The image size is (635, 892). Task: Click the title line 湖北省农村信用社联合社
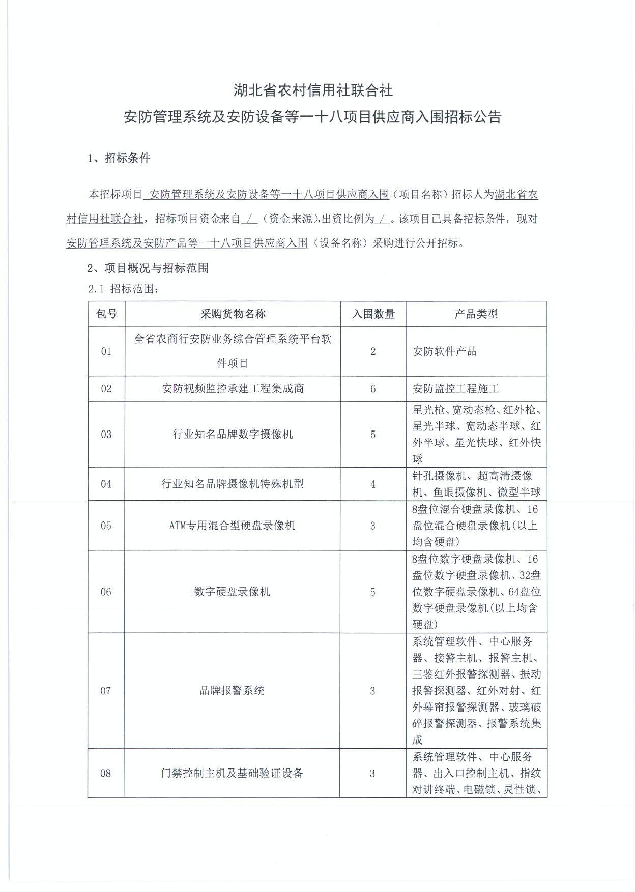[x=313, y=90]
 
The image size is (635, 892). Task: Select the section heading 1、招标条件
[x=119, y=158]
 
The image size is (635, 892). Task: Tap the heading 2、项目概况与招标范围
[x=148, y=268]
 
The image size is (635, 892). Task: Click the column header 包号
[x=106, y=314]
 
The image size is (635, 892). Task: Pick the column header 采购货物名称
[x=233, y=314]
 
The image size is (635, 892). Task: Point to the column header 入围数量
[x=373, y=314]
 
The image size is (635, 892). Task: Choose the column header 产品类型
[x=476, y=314]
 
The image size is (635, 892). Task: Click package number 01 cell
[x=106, y=351]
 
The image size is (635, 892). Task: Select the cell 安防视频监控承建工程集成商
[x=233, y=389]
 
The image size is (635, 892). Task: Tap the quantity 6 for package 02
[x=373, y=389]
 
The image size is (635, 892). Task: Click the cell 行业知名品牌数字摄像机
[x=233, y=434]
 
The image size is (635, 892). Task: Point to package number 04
[x=106, y=484]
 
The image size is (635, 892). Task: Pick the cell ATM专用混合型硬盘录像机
[x=232, y=526]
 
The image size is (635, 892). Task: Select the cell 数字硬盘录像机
[x=232, y=592]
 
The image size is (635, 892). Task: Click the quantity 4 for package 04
[x=373, y=484]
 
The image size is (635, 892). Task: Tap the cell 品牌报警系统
[x=232, y=691]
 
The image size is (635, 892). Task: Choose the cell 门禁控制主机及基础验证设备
[x=232, y=773]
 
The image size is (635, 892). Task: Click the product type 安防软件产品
[x=444, y=351]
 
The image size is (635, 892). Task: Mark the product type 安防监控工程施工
[x=455, y=389]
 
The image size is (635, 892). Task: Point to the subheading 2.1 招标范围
[x=124, y=289]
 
